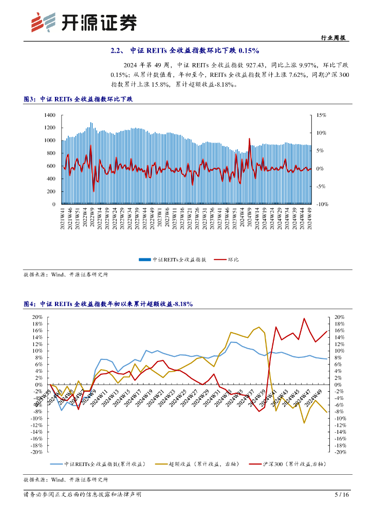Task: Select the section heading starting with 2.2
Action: pos(185,51)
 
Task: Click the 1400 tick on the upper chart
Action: pos(49,115)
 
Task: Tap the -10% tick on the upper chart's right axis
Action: pos(322,204)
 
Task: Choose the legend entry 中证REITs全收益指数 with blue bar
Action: pos(173,259)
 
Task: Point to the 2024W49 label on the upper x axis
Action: pos(310,218)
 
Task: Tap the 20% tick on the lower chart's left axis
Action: pos(36,317)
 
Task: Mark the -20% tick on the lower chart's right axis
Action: pos(341,452)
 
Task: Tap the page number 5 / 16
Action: pos(342,495)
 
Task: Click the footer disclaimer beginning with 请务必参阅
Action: pos(83,495)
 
